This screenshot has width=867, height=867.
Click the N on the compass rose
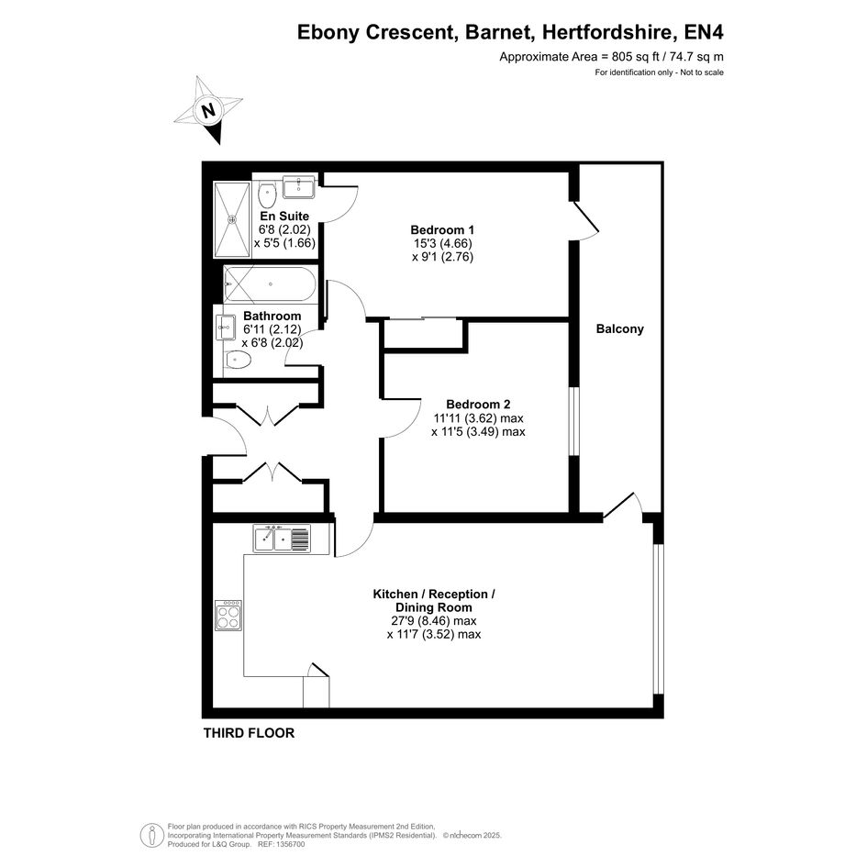point(208,110)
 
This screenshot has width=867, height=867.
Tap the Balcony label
point(620,329)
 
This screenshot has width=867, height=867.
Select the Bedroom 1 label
point(442,229)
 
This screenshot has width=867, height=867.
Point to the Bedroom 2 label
point(478,405)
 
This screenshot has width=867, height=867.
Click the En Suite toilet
point(267,195)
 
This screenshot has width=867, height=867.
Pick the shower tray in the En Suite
point(233,219)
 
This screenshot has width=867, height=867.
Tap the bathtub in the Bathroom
point(270,284)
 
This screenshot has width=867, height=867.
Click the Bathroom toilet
point(238,361)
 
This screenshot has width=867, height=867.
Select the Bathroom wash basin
point(226,328)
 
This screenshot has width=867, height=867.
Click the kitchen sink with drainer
point(283,539)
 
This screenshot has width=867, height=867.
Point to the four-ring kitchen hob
point(228,616)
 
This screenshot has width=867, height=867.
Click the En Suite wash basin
point(298,186)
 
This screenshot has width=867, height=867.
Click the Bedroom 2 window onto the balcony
point(574,421)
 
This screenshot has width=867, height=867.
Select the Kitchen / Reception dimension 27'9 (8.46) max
point(434,621)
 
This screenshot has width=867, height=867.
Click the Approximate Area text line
point(612,56)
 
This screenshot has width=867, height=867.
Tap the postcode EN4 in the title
point(704,32)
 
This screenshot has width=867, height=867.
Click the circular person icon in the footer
point(151,835)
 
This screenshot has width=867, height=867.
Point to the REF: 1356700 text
point(281,844)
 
